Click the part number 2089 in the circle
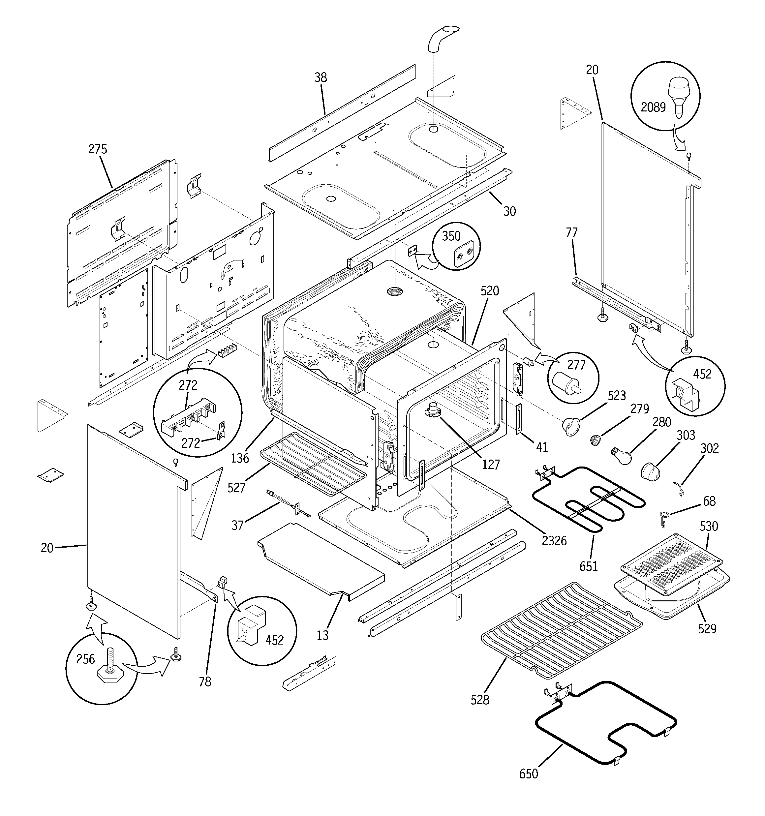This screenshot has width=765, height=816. pos(653,107)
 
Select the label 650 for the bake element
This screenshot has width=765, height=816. pos(529,774)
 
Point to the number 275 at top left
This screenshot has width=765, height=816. pos(98,149)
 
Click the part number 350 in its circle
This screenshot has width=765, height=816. pos(451,236)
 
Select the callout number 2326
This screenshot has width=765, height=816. pos(554,541)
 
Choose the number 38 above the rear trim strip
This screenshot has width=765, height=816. pos(321,77)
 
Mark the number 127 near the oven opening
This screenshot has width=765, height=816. pos(491,465)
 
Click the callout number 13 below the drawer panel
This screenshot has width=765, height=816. pos(323,635)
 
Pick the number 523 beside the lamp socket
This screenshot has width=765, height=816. pos(616,395)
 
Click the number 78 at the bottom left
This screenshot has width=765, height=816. pos(205,681)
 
